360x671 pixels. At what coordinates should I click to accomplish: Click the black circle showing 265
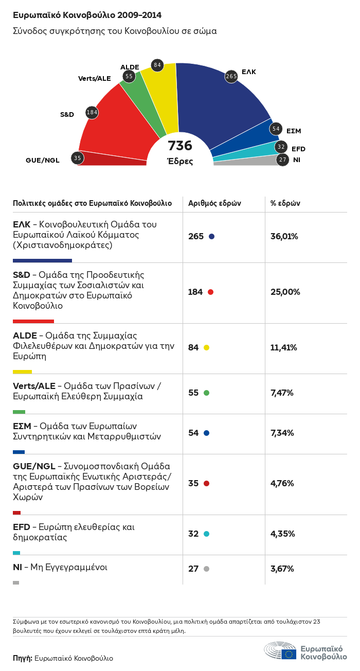[231, 77]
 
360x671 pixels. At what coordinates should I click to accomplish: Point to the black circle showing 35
[77, 158]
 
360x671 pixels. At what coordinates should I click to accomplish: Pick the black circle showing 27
[282, 160]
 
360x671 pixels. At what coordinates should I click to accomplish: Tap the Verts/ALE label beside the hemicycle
[94, 78]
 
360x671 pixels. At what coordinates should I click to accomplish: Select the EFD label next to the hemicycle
[299, 149]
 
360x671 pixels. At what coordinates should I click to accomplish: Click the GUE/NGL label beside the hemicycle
[43, 160]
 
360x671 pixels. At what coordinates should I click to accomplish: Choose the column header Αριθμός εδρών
[214, 203]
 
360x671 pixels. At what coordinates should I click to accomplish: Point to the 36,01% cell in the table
[284, 236]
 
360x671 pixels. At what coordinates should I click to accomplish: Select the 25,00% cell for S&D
[285, 292]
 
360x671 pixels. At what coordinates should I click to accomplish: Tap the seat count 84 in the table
[193, 347]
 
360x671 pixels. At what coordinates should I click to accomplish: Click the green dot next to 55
[207, 393]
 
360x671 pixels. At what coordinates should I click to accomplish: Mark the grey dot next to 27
[207, 569]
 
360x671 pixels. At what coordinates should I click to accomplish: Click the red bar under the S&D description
[33, 321]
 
